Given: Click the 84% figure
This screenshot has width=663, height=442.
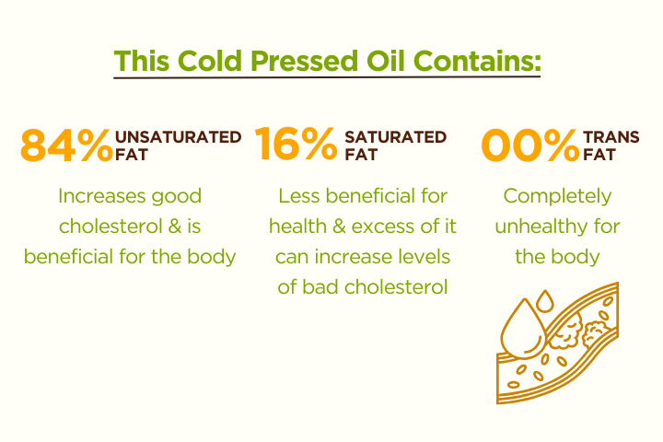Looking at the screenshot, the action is [67, 145].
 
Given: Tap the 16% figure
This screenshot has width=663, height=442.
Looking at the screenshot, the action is [296, 145].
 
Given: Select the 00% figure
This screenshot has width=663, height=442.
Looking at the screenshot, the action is [530, 145].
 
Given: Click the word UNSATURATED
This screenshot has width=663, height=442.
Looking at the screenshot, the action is [178, 137].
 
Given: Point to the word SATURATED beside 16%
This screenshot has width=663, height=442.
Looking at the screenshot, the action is [395, 137].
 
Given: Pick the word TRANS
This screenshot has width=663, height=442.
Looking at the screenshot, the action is [611, 137].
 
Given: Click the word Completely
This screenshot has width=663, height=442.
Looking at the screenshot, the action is [557, 196].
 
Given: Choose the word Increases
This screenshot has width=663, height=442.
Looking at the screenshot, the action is [101, 196].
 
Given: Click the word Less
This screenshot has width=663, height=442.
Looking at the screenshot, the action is [298, 196].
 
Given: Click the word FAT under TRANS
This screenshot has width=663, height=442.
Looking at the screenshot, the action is [599, 155].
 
